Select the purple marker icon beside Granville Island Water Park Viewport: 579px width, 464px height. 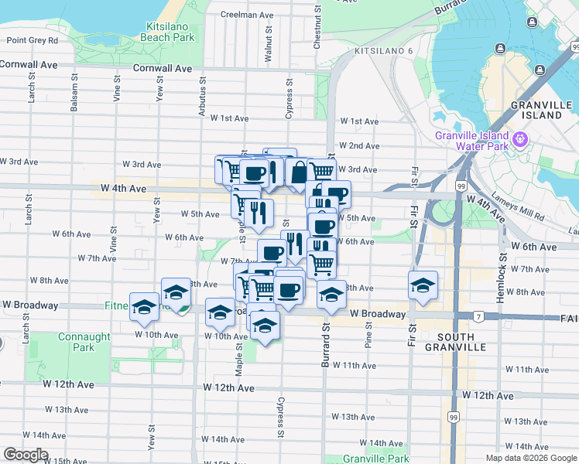(x=519, y=140)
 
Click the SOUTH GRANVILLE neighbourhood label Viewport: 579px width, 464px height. (x=461, y=342)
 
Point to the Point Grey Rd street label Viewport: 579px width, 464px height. (x=33, y=40)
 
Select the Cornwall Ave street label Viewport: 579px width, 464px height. (x=162, y=68)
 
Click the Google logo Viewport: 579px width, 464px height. (x=26, y=455)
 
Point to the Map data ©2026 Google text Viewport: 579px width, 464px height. (x=531, y=458)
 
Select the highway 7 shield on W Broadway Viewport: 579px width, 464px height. (x=479, y=316)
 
